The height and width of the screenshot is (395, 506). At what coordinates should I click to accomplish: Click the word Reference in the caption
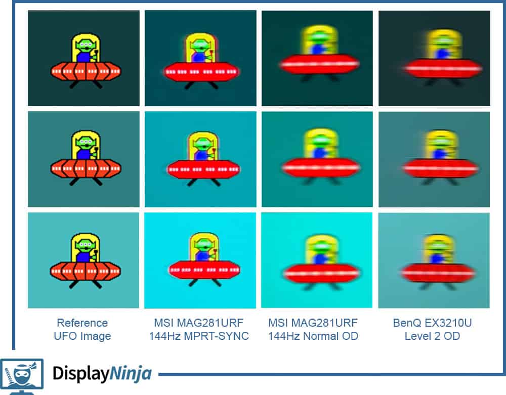(82, 323)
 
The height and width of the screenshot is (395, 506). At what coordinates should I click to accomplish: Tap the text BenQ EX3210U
(432, 323)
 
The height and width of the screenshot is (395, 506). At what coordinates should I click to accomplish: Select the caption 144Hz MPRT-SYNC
(199, 336)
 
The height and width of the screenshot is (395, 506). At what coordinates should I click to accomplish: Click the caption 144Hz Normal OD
(313, 336)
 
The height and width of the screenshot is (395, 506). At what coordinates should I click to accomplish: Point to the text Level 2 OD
(432, 336)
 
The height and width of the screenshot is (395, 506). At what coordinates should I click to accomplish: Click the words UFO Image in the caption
(82, 336)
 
